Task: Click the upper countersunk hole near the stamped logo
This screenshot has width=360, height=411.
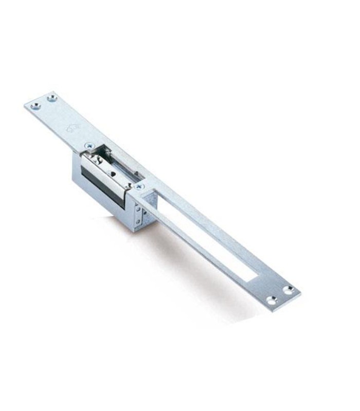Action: [51, 98]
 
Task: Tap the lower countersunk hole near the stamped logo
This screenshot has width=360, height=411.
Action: [35, 106]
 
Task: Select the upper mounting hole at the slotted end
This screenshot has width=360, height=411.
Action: [289, 290]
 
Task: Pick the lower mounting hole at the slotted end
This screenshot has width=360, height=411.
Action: [272, 300]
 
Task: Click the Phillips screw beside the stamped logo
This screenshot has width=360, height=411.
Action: [89, 146]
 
